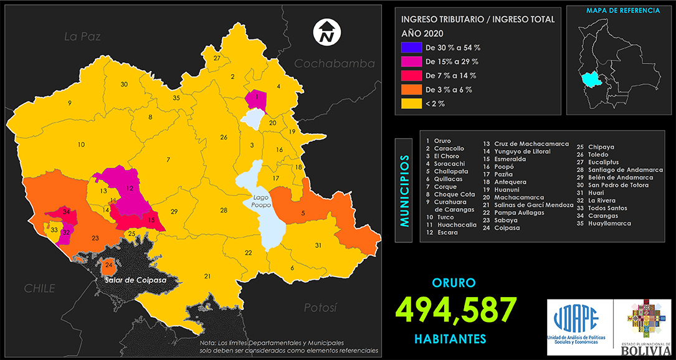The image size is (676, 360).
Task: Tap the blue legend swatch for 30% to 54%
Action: point(411,47)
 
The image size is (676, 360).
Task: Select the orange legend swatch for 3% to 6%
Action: point(411,90)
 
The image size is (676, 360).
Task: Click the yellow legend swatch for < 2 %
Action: point(411,103)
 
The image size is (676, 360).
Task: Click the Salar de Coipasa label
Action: point(136,280)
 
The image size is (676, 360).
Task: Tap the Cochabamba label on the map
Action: point(334,64)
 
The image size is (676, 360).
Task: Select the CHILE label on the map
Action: point(39,288)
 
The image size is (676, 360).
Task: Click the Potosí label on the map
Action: point(320,308)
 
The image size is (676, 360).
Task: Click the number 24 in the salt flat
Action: point(109,266)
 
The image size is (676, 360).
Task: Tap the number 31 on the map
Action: point(318,245)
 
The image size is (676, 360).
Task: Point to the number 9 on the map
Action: point(70,103)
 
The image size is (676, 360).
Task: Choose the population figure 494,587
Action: point(456,310)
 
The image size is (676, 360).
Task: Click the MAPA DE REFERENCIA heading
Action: point(615,11)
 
